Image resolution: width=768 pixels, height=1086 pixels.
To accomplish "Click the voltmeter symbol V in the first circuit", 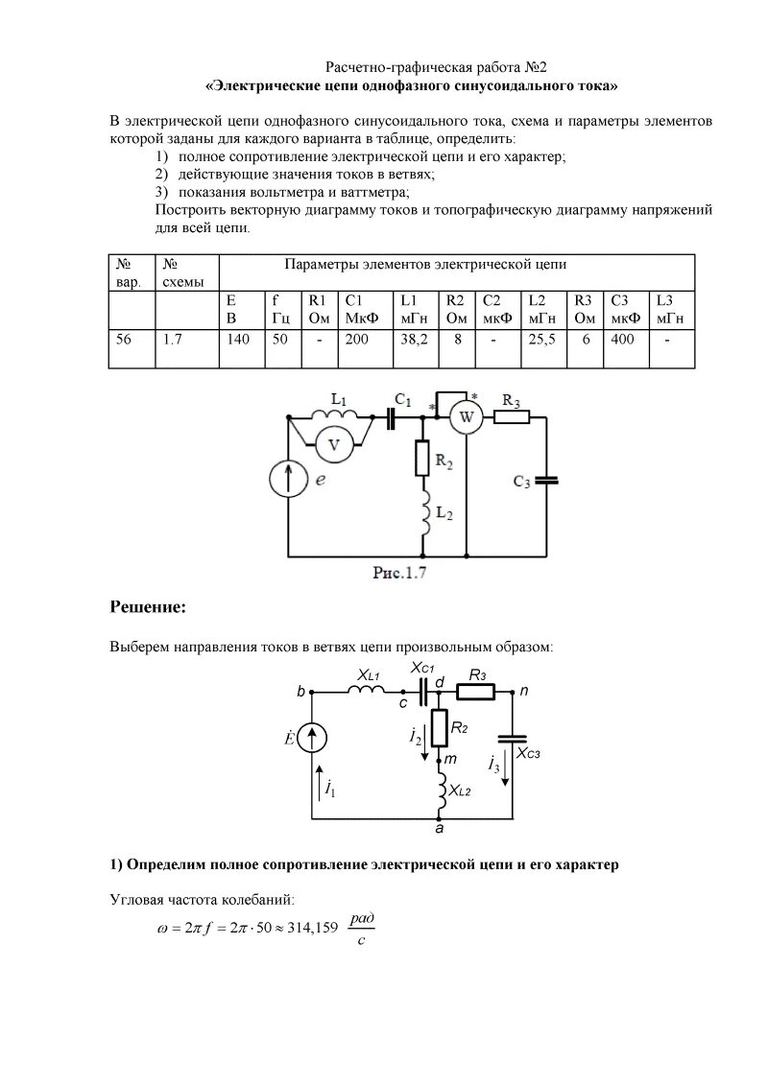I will [x=335, y=444].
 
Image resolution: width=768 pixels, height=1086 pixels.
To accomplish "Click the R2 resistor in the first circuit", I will [x=423, y=459].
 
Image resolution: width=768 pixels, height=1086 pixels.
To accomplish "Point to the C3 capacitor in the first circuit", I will [x=544, y=479].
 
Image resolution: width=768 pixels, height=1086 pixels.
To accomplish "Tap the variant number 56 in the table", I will [x=124, y=340].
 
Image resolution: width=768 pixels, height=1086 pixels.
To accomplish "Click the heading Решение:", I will [x=147, y=607].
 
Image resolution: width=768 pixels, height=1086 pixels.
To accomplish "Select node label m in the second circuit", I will [x=450, y=760].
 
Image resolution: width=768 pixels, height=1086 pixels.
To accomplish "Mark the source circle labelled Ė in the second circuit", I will [x=315, y=738].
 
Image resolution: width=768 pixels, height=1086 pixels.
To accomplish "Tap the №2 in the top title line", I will [x=535, y=68].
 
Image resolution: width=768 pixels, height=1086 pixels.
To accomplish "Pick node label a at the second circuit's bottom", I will [x=440, y=826].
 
